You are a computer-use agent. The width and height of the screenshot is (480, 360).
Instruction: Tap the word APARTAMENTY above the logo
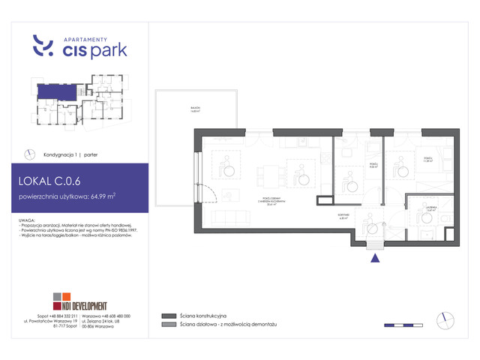86,37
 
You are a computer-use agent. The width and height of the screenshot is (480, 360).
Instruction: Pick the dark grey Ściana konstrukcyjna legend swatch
166,316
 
